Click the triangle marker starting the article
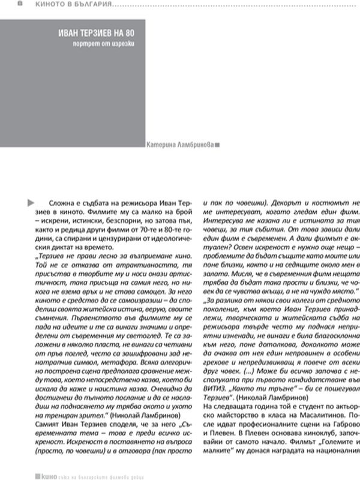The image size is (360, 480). click(x=31, y=204)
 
